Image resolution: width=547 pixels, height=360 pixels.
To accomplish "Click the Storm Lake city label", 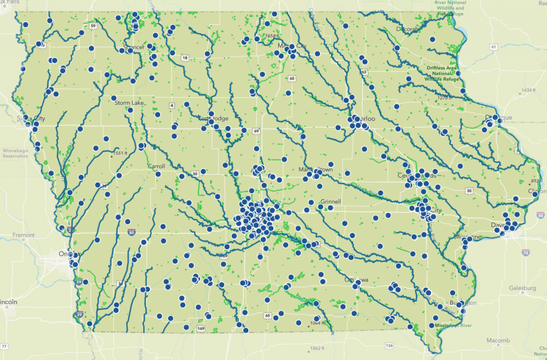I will tap(126, 103).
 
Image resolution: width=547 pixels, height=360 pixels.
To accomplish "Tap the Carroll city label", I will tap(156, 167).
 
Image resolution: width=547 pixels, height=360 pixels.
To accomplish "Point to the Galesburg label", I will tap(521, 288).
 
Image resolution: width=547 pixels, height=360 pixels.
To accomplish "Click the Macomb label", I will tap(498, 340).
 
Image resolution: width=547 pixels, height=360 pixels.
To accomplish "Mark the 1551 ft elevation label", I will tap(120, 153).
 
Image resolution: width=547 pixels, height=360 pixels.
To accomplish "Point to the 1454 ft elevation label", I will tap(268, 36).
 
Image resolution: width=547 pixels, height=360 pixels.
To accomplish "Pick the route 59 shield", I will tap(93, 26).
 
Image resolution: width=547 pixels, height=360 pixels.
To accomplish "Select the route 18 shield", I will tap(185, 58).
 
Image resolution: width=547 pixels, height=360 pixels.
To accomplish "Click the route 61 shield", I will tap(493, 48).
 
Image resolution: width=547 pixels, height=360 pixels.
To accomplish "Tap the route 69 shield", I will tap(256, 131).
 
